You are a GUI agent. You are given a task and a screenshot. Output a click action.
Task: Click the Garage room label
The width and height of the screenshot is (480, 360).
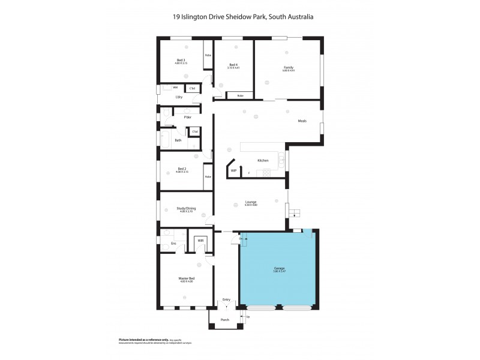279,268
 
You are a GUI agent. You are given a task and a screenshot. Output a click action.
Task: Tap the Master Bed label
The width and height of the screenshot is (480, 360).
187,278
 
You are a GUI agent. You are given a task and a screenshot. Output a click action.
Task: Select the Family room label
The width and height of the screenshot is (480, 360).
289,67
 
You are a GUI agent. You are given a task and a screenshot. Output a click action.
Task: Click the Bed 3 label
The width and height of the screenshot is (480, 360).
181,59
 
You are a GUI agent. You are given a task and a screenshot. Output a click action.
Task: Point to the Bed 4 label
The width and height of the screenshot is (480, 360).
233,64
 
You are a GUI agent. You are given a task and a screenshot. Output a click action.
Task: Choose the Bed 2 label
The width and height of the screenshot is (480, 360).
182,169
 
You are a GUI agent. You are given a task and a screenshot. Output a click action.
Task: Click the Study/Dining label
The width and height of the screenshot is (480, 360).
186,208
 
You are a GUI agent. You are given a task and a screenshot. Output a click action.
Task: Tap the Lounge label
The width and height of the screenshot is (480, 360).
251,203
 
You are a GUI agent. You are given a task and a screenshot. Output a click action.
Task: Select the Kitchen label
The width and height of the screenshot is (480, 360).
263,161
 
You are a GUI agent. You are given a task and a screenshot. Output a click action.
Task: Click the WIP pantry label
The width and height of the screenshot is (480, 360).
234,171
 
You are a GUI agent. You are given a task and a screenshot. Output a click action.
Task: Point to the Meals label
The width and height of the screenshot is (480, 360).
302,121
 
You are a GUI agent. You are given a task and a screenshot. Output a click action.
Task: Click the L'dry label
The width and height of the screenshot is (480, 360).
179,97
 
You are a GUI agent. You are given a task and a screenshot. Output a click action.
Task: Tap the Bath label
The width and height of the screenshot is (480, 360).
178,140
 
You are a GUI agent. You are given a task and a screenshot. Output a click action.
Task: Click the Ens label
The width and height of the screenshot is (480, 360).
173,243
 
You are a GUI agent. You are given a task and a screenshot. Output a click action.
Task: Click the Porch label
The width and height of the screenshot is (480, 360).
226,320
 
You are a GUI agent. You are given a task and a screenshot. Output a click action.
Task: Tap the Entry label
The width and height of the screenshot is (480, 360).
226,299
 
